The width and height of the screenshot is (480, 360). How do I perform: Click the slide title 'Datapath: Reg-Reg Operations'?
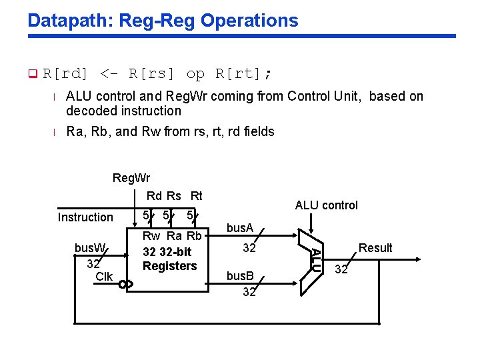163,20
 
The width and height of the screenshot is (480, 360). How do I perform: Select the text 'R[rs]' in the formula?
153,73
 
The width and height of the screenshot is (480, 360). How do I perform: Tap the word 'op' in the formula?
195,73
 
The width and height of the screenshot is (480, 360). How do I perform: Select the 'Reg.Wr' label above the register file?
131,178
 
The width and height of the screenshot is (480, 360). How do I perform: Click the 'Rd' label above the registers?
154,196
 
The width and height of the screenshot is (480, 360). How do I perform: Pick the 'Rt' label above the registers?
196,196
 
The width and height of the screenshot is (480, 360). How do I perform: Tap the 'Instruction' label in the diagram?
85,217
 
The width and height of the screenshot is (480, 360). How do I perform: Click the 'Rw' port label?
151,236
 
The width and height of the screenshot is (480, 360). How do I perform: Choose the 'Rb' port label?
194,236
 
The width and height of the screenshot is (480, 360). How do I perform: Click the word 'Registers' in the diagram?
170,266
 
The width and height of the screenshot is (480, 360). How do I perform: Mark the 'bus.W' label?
90,248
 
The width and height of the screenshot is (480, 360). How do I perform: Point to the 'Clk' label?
104,277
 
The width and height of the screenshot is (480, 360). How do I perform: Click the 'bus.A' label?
240,229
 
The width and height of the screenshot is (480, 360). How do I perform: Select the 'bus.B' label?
240,275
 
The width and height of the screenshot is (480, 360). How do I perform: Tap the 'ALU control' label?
326,205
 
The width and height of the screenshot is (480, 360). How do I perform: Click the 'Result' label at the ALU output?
375,248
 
